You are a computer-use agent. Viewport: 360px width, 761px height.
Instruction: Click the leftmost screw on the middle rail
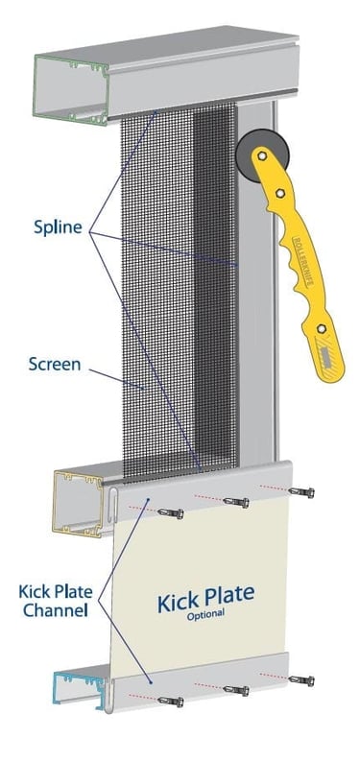coord(173,511)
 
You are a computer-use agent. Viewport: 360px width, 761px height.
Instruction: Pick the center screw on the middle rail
coord(236,502)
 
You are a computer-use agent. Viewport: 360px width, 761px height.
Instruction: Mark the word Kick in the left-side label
coord(34,588)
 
